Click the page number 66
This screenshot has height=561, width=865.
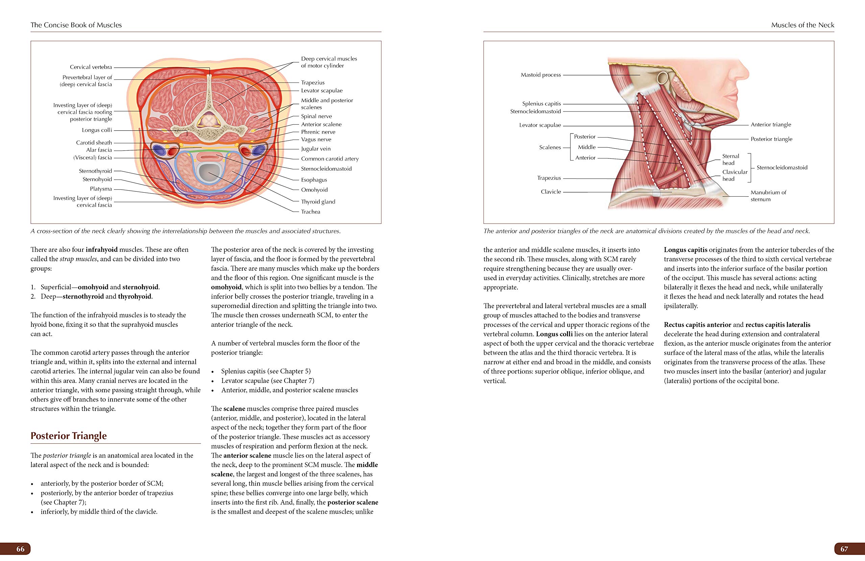tap(20, 548)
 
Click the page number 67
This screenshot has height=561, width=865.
tap(844, 548)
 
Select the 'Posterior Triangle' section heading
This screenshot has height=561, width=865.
tap(69, 436)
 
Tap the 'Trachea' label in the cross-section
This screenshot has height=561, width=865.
tap(311, 212)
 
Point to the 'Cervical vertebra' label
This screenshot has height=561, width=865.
tap(91, 67)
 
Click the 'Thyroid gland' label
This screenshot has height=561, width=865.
tap(318, 201)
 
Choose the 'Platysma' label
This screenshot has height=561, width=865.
tap(101, 189)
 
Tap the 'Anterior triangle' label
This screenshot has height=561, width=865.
tap(770, 124)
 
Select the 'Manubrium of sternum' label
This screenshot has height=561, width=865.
tap(768, 196)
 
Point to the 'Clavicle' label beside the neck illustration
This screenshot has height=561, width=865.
tap(551, 192)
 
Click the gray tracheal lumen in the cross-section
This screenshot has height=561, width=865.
tap(208, 171)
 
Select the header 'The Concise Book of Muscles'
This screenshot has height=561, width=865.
tap(76, 25)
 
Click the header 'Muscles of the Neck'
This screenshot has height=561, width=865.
tap(802, 25)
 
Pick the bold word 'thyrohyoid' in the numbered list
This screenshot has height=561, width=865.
tap(134, 296)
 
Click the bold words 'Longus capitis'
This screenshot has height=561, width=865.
tap(686, 250)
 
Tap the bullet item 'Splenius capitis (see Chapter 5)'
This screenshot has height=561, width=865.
tap(266, 371)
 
